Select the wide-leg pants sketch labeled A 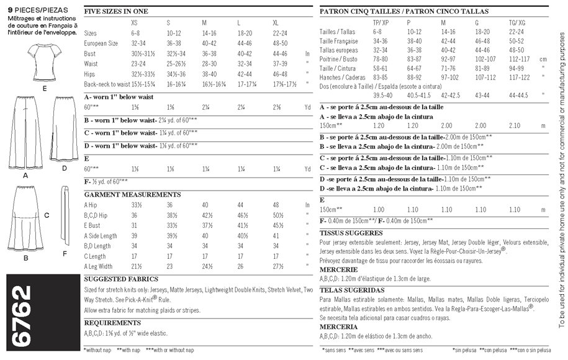coord(25,134)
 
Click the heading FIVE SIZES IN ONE coord(114,11)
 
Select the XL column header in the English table coord(275,22)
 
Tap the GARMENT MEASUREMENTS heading coord(123,194)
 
